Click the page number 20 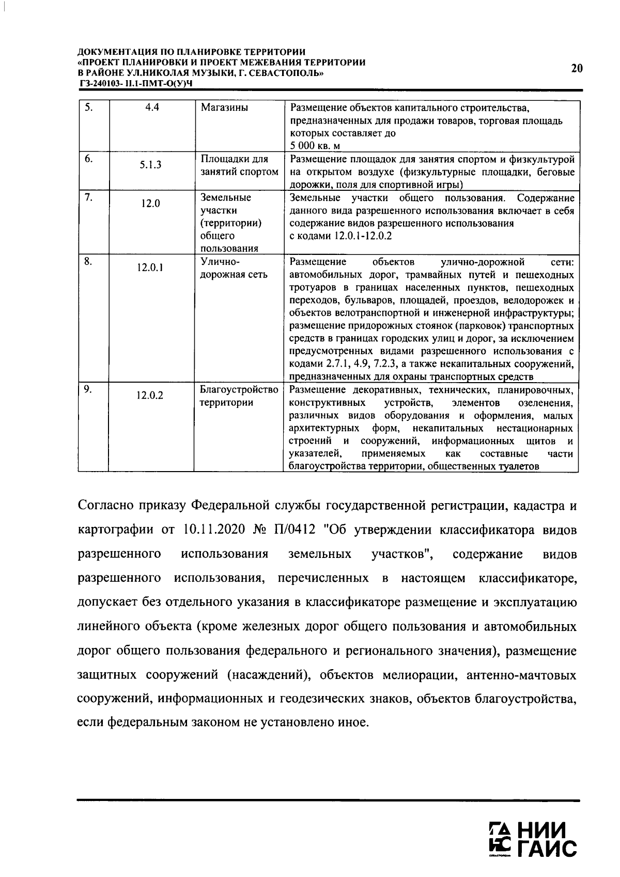(577, 68)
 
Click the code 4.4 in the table (151, 108)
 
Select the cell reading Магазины (224, 108)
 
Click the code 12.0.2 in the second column (150, 396)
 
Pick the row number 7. (89, 198)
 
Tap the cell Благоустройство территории (239, 396)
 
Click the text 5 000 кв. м (315, 146)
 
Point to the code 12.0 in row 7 (150, 204)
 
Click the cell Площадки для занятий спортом (239, 165)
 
